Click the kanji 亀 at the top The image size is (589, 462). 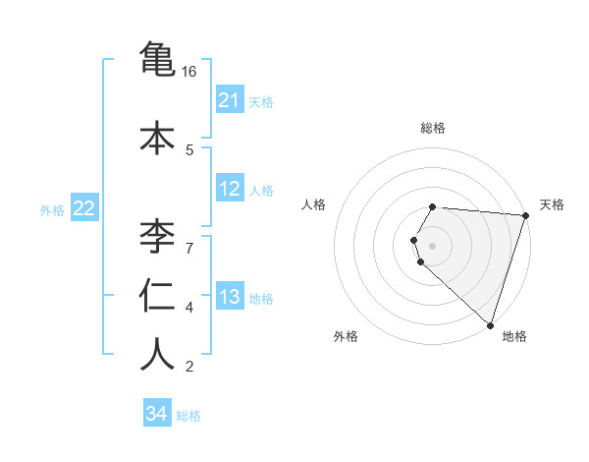[158, 58]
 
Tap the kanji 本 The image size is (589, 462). [158, 138]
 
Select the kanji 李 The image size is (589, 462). [158, 236]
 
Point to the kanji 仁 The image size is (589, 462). [158, 295]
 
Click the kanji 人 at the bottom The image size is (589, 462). [158, 355]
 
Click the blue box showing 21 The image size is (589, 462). [230, 100]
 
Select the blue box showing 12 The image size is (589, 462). [230, 189]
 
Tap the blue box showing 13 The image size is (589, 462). [230, 297]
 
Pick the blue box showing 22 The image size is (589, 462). [84, 208]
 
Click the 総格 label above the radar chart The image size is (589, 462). [433, 128]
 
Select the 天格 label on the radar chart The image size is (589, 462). [552, 204]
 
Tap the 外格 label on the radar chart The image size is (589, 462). [346, 336]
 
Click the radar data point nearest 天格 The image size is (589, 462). [525, 215]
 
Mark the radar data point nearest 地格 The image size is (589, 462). [490, 325]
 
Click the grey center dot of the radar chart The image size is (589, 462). [433, 245]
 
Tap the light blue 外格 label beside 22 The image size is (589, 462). [52, 209]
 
